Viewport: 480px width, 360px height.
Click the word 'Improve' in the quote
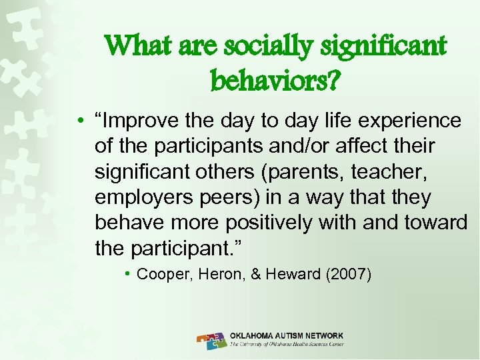[x=147, y=121]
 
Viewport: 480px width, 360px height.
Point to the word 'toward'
[x=436, y=223]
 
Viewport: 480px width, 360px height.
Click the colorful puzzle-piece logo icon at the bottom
[x=212, y=340]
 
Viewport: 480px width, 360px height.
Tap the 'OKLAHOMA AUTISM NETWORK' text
[x=286, y=335]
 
